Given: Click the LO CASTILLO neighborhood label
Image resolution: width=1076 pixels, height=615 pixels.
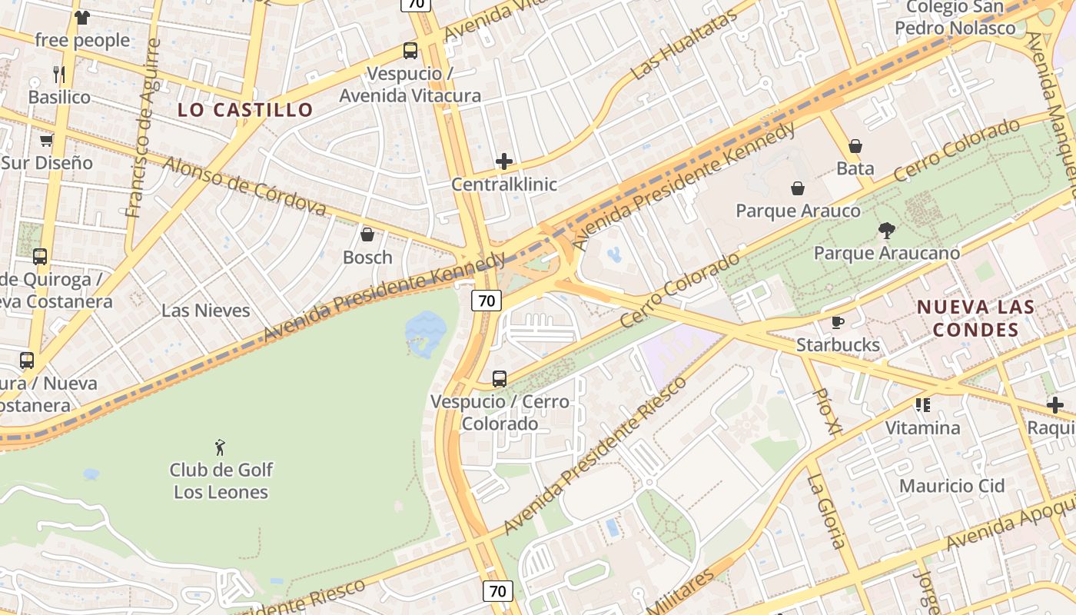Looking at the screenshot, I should tap(245, 109).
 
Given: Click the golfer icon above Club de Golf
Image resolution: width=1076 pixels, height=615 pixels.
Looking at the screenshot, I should tap(221, 447).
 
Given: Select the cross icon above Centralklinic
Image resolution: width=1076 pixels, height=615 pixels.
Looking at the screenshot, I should tap(504, 161).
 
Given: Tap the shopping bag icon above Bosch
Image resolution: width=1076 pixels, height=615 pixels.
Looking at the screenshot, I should tap(367, 234).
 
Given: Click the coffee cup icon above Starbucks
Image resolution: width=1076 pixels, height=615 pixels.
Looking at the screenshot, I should tap(838, 322).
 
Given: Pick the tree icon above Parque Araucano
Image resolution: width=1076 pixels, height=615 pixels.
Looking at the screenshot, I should tap(887, 230).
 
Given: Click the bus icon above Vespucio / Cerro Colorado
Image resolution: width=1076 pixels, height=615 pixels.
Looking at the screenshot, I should tap(500, 378).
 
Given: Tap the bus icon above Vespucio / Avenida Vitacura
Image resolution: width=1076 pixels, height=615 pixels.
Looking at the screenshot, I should tap(410, 51).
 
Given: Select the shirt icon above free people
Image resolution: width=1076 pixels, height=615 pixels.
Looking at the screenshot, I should tap(82, 17).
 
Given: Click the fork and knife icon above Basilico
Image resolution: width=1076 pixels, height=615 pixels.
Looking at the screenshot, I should tap(59, 74).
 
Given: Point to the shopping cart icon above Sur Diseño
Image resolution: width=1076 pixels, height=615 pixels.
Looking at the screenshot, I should tap(46, 140).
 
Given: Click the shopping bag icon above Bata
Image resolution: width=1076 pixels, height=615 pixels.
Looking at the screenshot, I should tap(855, 145).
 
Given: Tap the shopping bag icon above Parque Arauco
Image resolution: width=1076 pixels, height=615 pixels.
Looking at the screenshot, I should tap(798, 188).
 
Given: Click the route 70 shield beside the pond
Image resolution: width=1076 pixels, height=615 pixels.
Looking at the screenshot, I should tap(487, 301).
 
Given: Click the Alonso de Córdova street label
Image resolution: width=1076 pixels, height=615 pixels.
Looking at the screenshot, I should tap(244, 186).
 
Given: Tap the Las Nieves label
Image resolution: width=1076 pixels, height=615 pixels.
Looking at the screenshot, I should tap(206, 311).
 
